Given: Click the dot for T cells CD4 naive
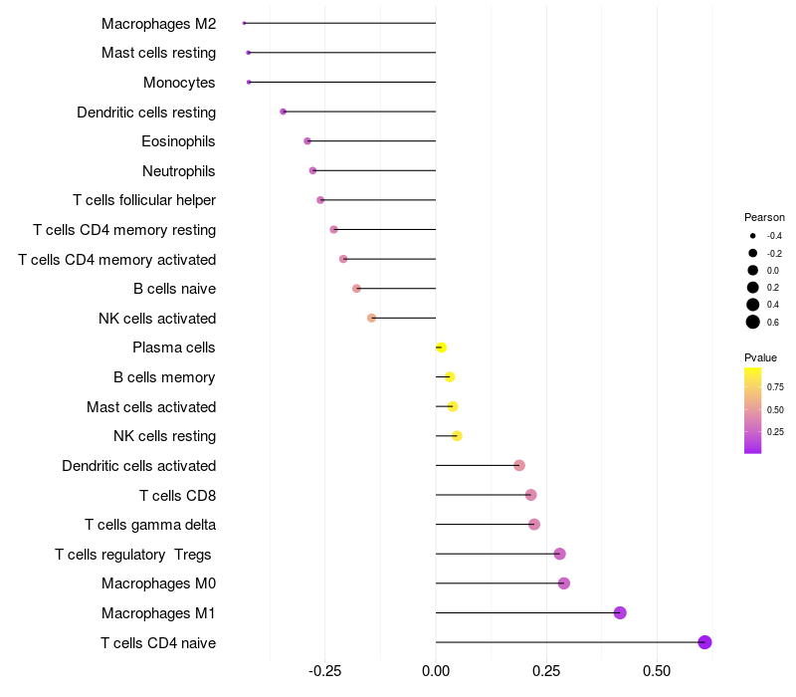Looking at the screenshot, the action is [x=704, y=642].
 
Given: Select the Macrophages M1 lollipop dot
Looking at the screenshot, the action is [x=620, y=612].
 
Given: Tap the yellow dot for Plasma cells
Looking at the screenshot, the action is [x=441, y=348].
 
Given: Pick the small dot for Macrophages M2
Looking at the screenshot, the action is [x=244, y=23].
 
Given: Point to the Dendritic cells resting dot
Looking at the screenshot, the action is [x=284, y=112].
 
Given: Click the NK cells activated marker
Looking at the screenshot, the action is [x=371, y=318].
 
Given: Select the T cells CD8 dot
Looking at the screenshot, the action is [x=531, y=495].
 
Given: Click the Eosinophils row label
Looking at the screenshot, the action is [x=178, y=141].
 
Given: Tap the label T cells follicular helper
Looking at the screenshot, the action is [x=144, y=200].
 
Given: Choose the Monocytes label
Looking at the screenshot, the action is [x=179, y=83].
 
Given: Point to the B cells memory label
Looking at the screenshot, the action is [x=164, y=377].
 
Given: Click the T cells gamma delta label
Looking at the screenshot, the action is [x=150, y=525].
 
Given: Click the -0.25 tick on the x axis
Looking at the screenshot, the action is [x=325, y=671].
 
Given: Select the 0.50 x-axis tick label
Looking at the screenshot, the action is [x=657, y=671].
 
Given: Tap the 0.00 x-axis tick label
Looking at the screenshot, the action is [x=436, y=671].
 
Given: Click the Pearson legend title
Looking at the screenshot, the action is [x=764, y=217].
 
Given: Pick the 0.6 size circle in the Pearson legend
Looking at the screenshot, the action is [x=753, y=322].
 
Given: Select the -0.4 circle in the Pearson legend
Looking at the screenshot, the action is [x=753, y=236].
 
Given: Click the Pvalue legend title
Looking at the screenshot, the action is [x=760, y=357].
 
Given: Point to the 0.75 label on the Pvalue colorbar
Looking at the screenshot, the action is [x=775, y=387].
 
